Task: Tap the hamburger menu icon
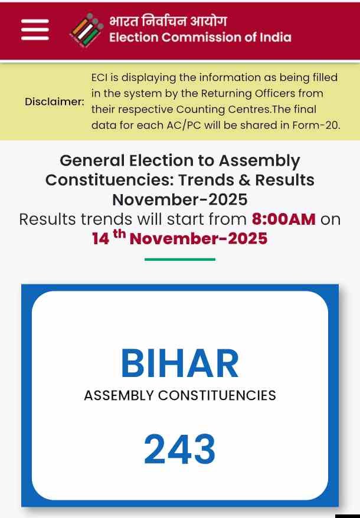35,29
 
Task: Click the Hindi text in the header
168,21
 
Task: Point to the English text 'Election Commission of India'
200,38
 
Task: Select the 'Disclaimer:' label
54,101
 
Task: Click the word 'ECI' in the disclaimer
100,77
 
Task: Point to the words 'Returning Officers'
256,93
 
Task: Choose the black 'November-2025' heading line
180,199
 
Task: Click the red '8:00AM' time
284,219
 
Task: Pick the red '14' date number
100,239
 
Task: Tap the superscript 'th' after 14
120,234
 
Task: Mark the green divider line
180,258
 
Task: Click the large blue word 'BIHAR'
180,364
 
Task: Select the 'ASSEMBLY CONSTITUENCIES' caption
180,395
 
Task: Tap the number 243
180,450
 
